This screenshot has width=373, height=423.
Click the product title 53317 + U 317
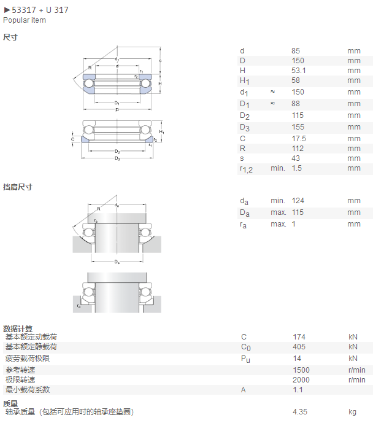(40, 10)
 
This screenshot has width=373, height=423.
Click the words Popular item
(25, 20)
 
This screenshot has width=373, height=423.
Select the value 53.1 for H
(298, 71)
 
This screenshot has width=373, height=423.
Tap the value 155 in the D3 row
(298, 127)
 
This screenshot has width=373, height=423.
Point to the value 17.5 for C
(299, 139)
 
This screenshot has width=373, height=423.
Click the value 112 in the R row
(298, 149)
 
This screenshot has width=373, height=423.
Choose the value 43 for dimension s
(296, 158)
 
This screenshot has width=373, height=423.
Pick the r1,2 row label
(247, 169)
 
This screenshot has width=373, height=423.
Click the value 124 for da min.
(298, 201)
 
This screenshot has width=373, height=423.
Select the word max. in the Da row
(278, 212)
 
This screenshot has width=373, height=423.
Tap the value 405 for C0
(299, 347)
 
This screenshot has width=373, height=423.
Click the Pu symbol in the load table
(245, 359)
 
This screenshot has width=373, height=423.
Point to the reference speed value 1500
(301, 370)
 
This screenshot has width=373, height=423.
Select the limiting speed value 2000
(301, 380)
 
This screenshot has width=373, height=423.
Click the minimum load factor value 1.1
(298, 390)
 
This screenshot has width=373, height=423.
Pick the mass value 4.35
(300, 412)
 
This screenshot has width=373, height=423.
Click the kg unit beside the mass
(353, 412)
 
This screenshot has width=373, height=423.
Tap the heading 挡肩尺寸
(18, 187)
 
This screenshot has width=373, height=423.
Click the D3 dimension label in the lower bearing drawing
(117, 158)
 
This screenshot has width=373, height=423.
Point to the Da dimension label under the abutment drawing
(117, 262)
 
